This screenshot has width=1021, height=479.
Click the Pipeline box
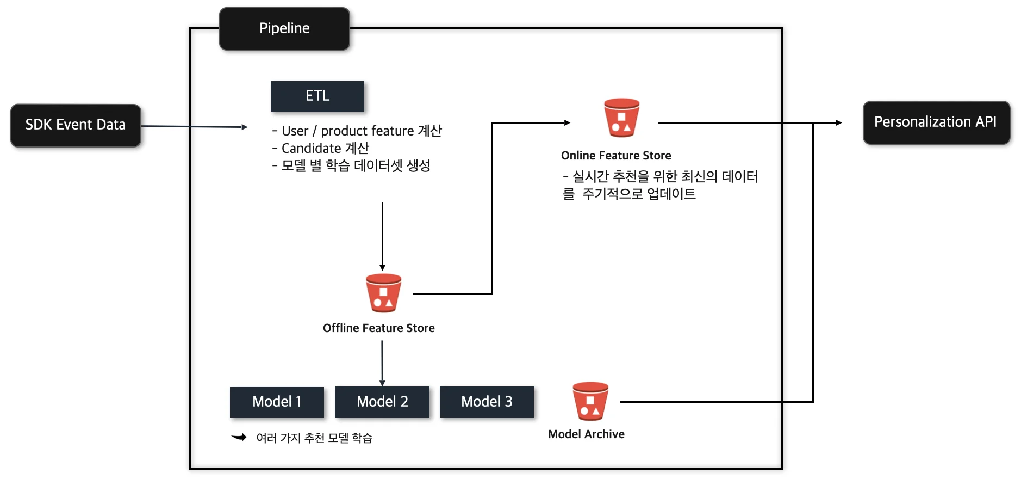284,29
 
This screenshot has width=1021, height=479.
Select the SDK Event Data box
76,125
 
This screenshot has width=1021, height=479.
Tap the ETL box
317,96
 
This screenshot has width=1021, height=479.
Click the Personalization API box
936,122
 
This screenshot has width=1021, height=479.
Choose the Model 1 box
277,402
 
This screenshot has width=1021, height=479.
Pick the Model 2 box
382,402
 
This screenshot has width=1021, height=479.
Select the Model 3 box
487,402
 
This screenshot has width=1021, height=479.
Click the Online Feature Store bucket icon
621,118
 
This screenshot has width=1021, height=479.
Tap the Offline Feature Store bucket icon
383,293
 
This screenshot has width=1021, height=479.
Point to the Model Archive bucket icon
590,401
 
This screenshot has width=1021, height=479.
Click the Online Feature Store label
616,156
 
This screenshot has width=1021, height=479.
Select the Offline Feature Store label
378,328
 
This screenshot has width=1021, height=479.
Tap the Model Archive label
586,434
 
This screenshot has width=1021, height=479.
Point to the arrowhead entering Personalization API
839,123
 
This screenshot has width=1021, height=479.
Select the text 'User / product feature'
347,131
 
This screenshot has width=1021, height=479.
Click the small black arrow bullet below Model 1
239,437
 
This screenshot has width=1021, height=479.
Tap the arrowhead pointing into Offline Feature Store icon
382,267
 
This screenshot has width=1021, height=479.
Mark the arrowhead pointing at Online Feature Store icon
567,123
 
